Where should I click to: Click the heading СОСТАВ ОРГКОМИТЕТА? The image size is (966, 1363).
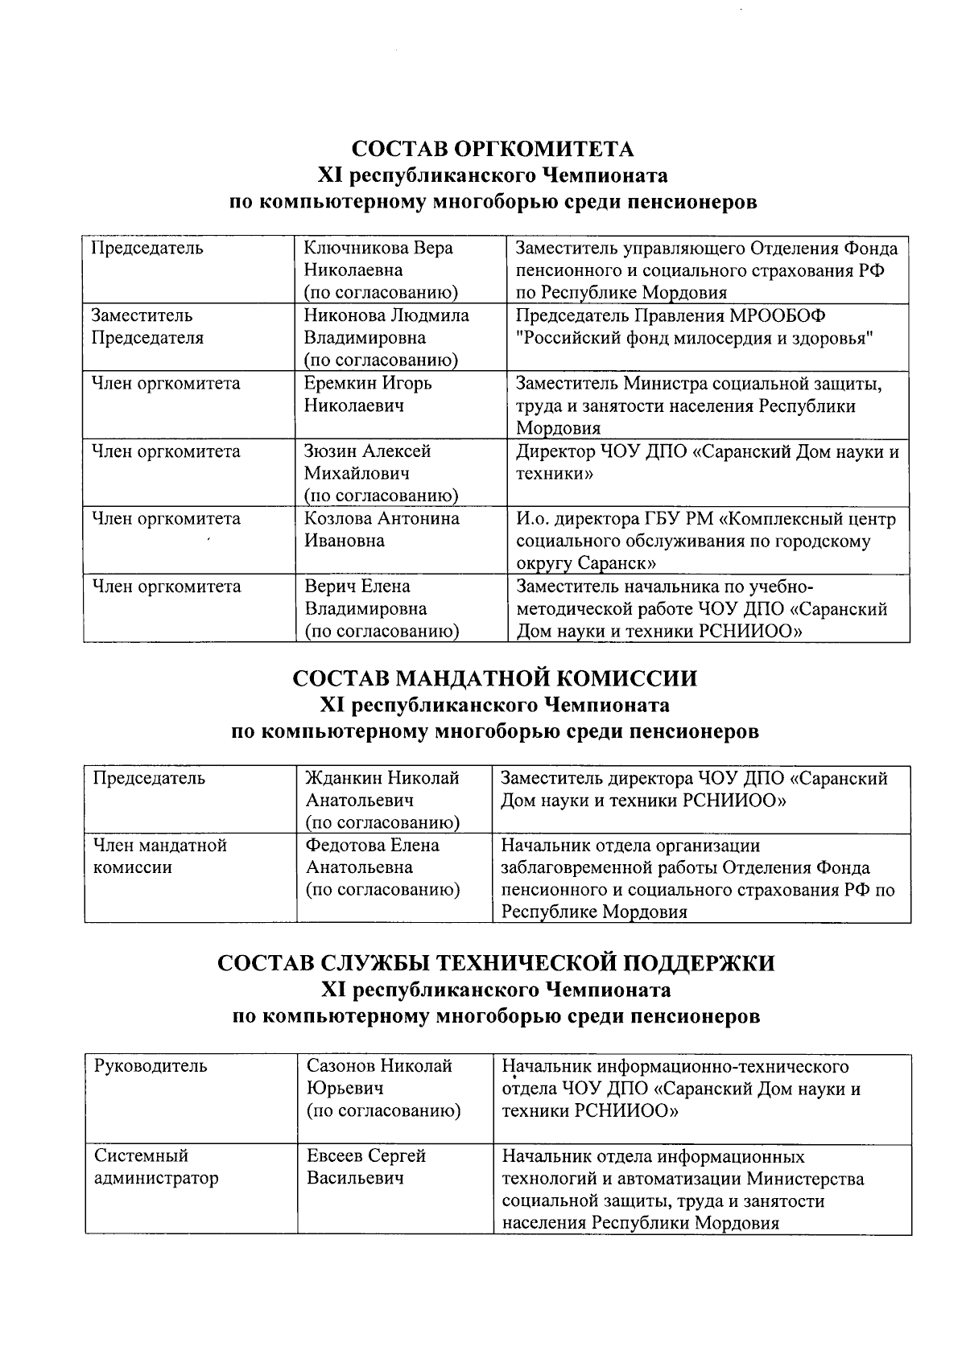click(x=493, y=150)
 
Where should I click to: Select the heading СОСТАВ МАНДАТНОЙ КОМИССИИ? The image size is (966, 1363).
click(x=493, y=678)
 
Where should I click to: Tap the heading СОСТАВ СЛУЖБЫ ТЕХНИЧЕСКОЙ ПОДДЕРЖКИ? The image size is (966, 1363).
click(x=496, y=963)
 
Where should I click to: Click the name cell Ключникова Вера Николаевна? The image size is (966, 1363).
click(x=380, y=270)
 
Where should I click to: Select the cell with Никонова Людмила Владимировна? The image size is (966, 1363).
click(x=385, y=337)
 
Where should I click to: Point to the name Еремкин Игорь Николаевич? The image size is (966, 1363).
click(x=367, y=394)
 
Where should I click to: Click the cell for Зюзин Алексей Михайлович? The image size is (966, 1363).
click(x=380, y=473)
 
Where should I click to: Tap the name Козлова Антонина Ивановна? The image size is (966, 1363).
click(x=381, y=529)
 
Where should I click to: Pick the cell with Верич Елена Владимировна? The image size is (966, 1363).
click(x=380, y=608)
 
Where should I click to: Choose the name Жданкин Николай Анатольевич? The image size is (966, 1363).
click(x=382, y=800)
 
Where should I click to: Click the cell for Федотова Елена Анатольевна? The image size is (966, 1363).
click(x=382, y=867)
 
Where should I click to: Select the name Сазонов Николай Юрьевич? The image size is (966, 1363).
click(x=383, y=1088)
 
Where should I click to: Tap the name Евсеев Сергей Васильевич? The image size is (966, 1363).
click(x=365, y=1167)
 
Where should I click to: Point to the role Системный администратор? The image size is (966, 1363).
click(x=155, y=1167)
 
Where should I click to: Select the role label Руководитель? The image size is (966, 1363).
click(x=151, y=1066)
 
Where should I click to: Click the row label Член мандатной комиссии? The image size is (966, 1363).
click(x=159, y=856)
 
